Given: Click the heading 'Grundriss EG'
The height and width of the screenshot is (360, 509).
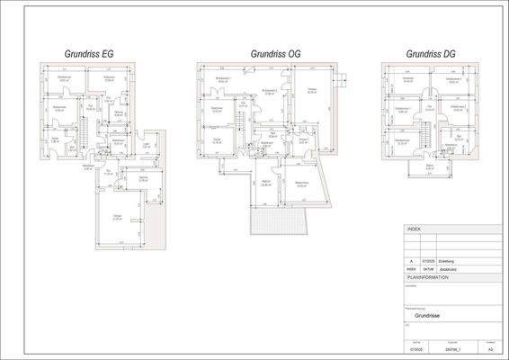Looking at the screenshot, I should pos(88,54).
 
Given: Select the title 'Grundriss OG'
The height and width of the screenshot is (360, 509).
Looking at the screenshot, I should pos(275,54).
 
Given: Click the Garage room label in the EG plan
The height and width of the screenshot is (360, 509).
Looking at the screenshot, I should pos(117,218).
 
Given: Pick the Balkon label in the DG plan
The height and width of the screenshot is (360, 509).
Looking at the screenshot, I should pos(430,166).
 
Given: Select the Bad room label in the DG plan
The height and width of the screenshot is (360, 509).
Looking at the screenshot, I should pos(458,139).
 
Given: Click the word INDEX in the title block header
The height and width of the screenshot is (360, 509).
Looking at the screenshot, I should pos(414,229).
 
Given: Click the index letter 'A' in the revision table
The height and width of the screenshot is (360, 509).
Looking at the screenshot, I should pos(410,261).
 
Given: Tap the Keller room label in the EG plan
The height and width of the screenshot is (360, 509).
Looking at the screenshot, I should pos(54,141).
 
